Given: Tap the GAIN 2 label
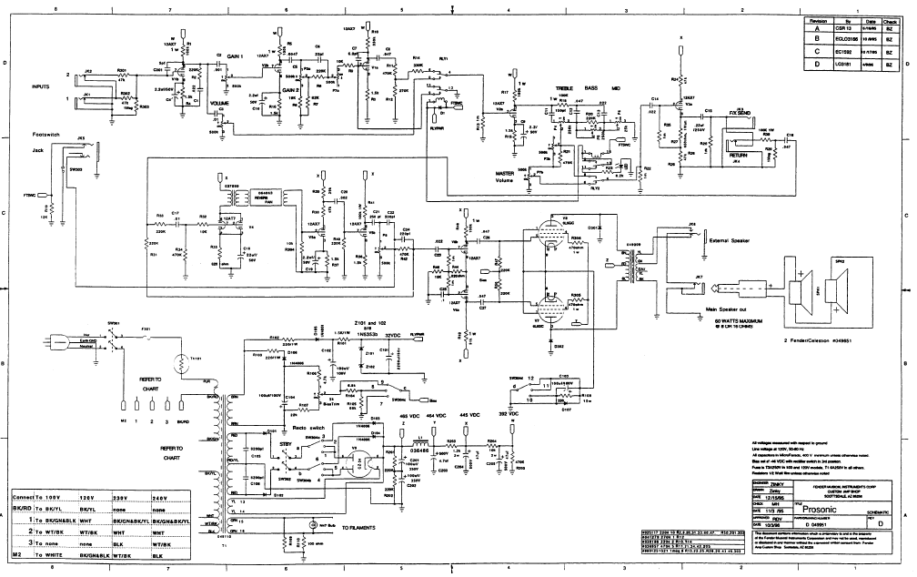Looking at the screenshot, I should pyautogui.click(x=290, y=91).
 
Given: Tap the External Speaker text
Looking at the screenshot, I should pyautogui.click(x=732, y=241).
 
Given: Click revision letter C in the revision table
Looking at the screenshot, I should pyautogui.click(x=816, y=52).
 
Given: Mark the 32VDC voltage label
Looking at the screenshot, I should pyautogui.click(x=394, y=335).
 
